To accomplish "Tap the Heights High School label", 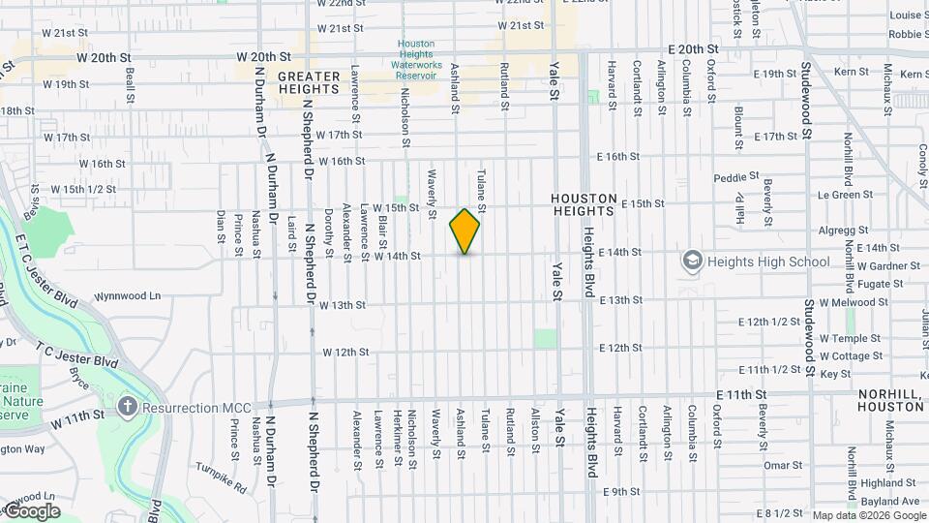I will pos(769,261).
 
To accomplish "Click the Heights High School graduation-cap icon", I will pos(692,261).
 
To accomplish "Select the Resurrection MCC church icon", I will pos(127,408).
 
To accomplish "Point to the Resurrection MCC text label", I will pos(194,408).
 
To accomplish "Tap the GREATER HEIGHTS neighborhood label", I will pos(309,82).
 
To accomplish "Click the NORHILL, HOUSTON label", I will pos(891,401).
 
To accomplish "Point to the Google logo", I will pos(31,511).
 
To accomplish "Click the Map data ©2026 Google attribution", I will pos(869,515).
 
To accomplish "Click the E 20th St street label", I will pos(694,48).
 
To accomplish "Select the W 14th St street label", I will pos(397,257).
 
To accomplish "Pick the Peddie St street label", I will pos(736,178).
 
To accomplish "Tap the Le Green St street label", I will pos(845,195).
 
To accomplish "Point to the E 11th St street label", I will pos(741,395).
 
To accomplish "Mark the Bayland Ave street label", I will pos(889,502).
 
